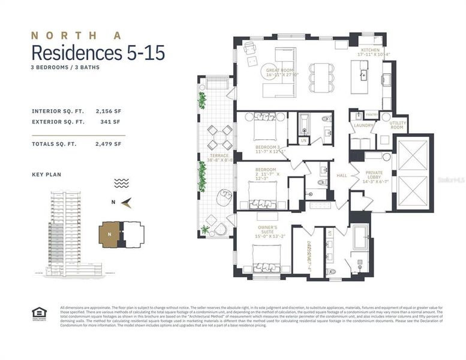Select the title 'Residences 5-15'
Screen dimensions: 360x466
point(98,53)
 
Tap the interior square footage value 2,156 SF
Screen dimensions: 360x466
point(108,111)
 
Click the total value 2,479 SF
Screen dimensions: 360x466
point(108,144)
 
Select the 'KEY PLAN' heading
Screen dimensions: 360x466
point(46,175)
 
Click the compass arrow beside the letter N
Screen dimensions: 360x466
point(126,203)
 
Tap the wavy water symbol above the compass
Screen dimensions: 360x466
point(122,183)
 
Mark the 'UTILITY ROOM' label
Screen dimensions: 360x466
point(398,125)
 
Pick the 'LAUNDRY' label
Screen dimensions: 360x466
point(363,125)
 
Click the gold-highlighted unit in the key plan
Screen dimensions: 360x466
point(109,235)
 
